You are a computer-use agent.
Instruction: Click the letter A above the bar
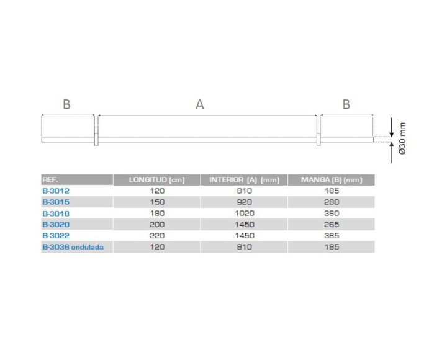click(x=199, y=105)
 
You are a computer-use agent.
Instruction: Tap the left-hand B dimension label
click(x=66, y=105)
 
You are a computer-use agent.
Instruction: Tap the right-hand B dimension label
click(x=346, y=105)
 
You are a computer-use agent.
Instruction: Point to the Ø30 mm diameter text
click(x=402, y=138)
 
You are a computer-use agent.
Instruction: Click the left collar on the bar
click(x=96, y=138)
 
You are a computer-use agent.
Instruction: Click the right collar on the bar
click(x=318, y=138)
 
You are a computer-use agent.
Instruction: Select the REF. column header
click(x=51, y=180)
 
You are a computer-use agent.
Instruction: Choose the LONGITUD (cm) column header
click(x=156, y=180)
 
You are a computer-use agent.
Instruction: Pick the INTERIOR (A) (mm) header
click(x=244, y=180)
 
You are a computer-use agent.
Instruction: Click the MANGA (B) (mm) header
click(x=332, y=180)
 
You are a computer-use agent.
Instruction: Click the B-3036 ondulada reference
click(x=73, y=247)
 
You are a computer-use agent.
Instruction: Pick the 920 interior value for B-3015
click(x=244, y=202)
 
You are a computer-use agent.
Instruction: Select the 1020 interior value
click(x=244, y=214)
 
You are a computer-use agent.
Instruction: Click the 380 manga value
click(x=332, y=214)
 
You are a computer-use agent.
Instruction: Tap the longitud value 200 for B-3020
click(x=156, y=225)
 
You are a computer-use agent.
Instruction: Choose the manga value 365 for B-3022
click(x=332, y=236)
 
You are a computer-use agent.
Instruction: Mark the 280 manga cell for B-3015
click(x=332, y=202)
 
